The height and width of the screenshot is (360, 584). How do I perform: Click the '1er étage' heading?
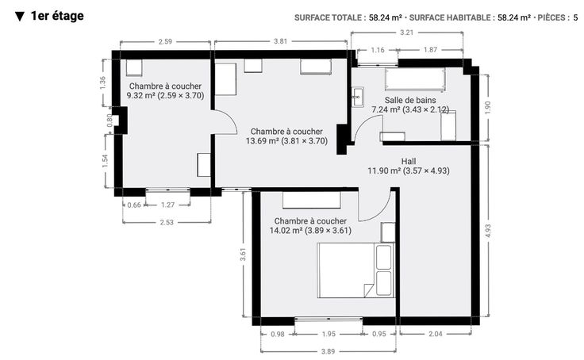57,16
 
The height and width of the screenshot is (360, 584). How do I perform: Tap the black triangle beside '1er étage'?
20,17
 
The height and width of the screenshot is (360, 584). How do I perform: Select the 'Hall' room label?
409,161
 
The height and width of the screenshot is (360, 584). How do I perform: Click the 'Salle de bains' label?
410,100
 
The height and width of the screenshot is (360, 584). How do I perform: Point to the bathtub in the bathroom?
414,79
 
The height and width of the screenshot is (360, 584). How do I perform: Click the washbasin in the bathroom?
358,98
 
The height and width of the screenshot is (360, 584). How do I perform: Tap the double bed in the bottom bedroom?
355,270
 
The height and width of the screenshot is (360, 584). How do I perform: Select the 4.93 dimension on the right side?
488,232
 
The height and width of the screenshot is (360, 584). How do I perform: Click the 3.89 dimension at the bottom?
328,351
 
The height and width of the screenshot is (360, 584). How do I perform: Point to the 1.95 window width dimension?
328,334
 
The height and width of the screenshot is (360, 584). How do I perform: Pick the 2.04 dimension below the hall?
435,334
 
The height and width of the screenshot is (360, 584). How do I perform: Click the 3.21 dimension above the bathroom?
407,33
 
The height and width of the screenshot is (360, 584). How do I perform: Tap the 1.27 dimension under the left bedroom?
167,205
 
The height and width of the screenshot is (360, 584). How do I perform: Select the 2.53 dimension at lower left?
167,222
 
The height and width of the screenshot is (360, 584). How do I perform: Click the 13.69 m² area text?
262,141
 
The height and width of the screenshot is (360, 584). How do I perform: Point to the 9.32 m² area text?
140,96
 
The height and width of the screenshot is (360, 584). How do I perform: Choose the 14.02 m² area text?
286,231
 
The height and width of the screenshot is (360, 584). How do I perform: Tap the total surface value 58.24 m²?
386,17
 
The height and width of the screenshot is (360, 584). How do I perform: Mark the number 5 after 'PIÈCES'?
575,17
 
